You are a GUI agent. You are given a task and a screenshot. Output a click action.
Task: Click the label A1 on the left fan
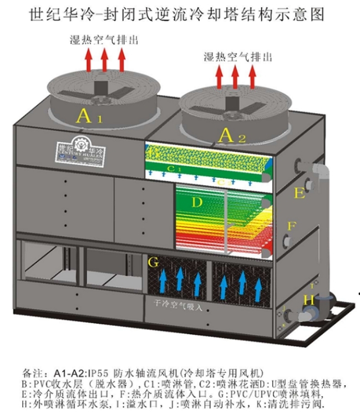89,116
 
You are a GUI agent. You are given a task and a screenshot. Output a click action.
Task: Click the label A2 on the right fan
232,135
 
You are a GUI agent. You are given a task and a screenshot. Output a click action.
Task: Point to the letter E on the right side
300,193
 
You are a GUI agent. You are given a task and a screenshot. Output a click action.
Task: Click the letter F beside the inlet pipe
292,226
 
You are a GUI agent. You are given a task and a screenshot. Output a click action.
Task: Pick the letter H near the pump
309,300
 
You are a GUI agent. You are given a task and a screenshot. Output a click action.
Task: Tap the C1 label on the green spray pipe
175,167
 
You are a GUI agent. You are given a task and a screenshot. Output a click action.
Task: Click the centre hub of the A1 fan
102,88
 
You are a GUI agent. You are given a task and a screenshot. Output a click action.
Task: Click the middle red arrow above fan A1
104,59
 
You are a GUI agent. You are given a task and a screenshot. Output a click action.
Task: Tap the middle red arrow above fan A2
236,76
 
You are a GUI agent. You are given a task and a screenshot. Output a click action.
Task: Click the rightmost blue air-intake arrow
260,286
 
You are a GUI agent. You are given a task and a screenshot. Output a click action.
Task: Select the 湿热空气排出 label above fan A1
103,40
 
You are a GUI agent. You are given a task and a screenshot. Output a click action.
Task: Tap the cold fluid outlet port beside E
300,166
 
